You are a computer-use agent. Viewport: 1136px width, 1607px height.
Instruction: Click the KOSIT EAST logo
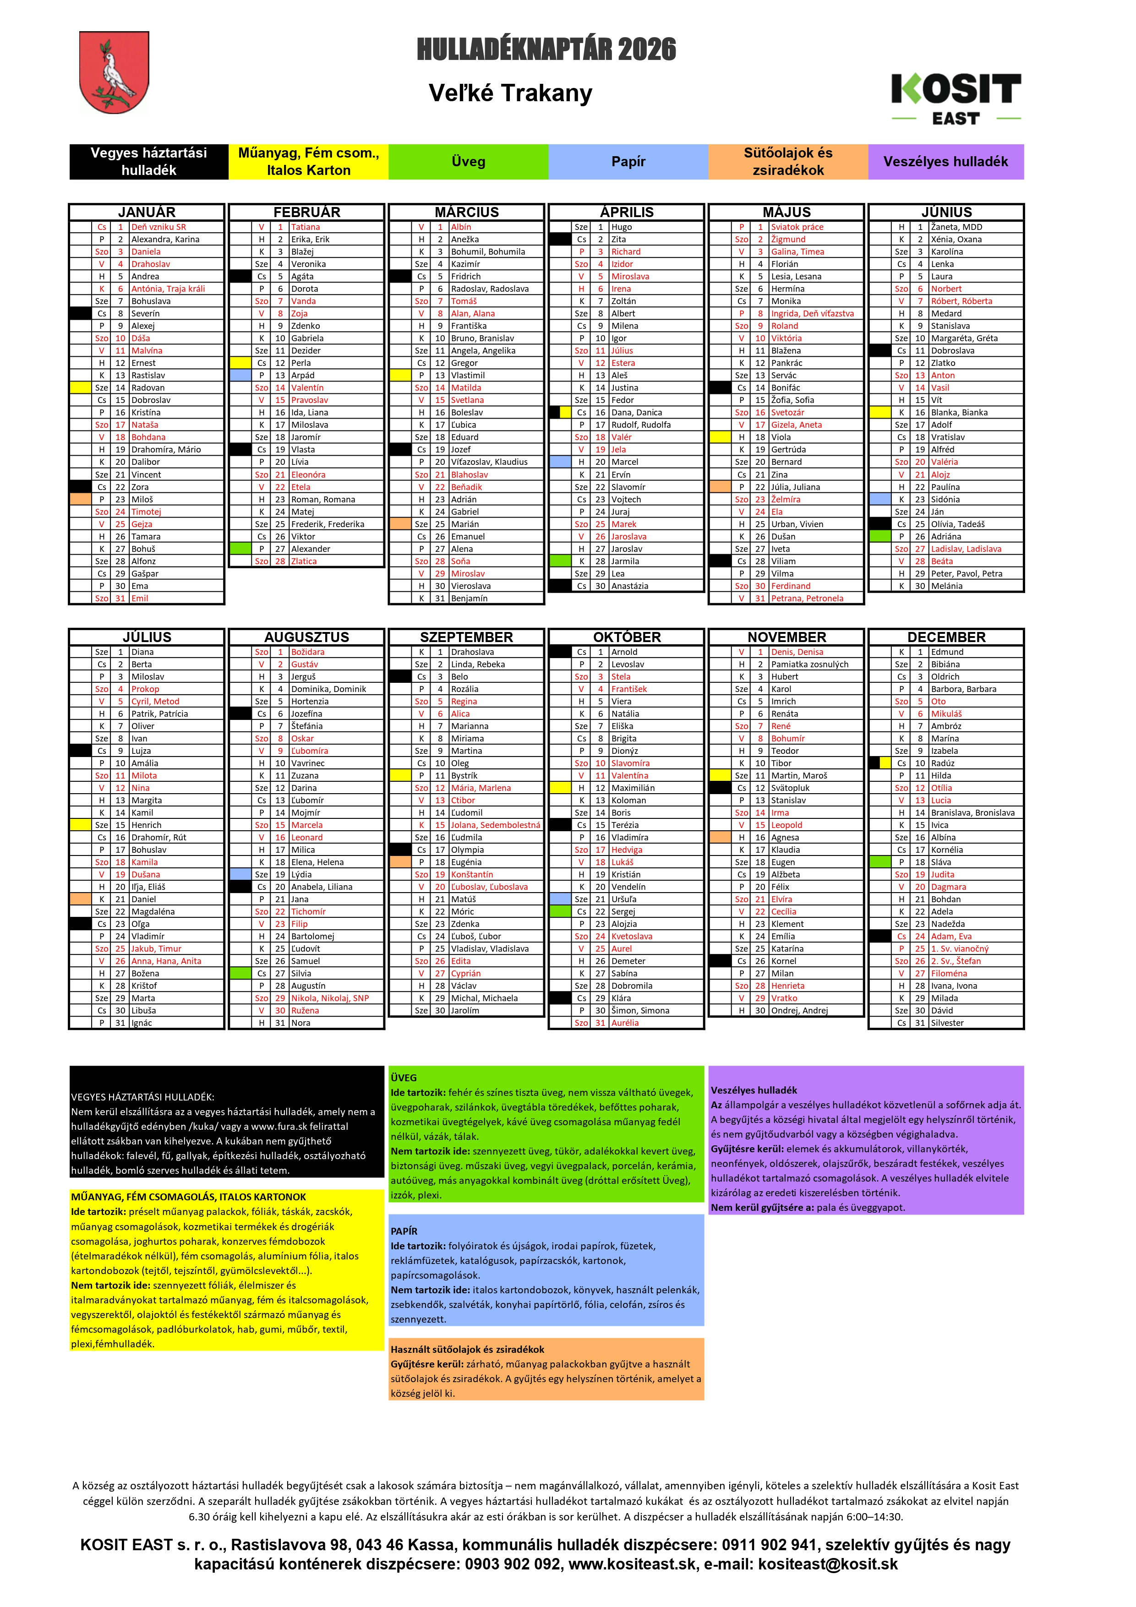pyautogui.click(x=956, y=98)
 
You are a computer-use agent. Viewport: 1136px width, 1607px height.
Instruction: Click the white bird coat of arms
pyautogui.click(x=114, y=73)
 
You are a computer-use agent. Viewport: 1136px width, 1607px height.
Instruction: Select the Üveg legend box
pyautogui.click(x=468, y=162)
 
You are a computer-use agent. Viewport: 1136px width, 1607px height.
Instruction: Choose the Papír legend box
pyautogui.click(x=628, y=162)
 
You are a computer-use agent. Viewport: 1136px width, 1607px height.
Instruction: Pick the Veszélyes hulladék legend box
pyautogui.click(x=945, y=162)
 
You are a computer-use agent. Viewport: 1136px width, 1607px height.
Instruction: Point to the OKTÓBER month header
pyautogui.click(x=627, y=637)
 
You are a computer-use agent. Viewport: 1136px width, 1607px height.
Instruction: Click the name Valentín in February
pyautogui.click(x=307, y=388)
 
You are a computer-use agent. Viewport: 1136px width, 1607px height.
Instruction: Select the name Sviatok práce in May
pyautogui.click(x=797, y=227)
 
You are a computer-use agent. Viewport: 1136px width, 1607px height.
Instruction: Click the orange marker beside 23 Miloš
pyautogui.click(x=81, y=499)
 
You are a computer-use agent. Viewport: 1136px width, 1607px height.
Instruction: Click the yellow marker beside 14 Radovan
pyautogui.click(x=81, y=388)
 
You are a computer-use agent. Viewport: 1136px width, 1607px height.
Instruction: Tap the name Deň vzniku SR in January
pyautogui.click(x=158, y=227)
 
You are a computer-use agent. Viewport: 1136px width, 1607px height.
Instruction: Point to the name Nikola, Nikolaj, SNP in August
pyautogui.click(x=330, y=998)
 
